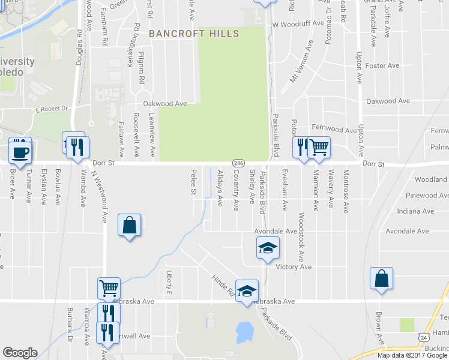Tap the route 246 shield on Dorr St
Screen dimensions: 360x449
[238, 163]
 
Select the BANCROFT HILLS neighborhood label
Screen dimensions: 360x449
[194, 34]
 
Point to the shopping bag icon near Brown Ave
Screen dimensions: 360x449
[381, 279]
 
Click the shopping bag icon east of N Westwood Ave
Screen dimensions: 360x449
[129, 226]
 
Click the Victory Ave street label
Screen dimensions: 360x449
[294, 267]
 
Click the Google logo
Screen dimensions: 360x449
[20, 353]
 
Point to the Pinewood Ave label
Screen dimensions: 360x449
[429, 196]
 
